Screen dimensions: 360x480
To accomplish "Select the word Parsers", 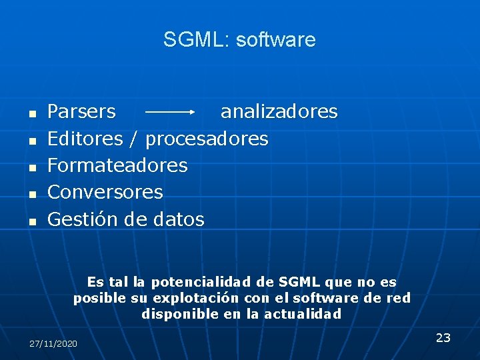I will pyautogui.click(x=81, y=111).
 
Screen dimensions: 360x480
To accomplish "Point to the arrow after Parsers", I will pyautogui.click(x=169, y=112).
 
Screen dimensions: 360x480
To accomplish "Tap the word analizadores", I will pyautogui.click(x=279, y=111).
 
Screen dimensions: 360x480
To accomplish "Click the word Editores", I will pyautogui.click(x=85, y=139).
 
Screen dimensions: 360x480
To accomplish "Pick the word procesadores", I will pyautogui.click(x=207, y=139).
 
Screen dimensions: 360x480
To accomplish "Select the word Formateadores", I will pyautogui.click(x=117, y=165).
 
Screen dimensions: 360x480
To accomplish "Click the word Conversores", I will pyautogui.click(x=105, y=192).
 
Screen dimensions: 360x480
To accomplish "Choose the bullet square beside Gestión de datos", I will pyautogui.click(x=31, y=221).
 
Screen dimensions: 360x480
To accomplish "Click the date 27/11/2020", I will pyautogui.click(x=53, y=343).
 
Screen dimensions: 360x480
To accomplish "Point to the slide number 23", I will pyautogui.click(x=443, y=337).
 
